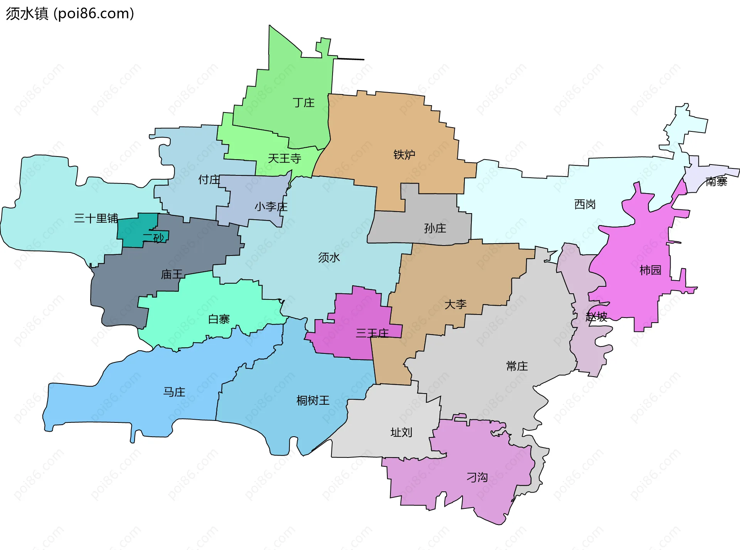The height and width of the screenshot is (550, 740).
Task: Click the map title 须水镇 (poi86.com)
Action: [x=70, y=13]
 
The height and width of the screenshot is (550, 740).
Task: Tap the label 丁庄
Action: [x=303, y=103]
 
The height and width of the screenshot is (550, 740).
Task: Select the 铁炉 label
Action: [x=404, y=155]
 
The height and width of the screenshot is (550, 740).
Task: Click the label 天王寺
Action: [x=284, y=158]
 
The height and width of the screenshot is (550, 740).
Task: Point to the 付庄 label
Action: [x=209, y=180]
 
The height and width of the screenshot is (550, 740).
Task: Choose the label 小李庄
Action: [x=271, y=207]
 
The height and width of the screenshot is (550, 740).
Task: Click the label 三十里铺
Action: [x=96, y=219]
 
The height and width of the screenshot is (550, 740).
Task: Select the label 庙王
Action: [x=172, y=274]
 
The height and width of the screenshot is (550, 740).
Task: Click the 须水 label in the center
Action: [x=329, y=257]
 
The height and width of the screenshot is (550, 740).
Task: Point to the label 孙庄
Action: [x=435, y=228]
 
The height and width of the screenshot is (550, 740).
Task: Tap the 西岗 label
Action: [x=585, y=204]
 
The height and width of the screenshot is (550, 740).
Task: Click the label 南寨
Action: [x=716, y=182]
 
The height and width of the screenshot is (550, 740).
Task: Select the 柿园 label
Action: [x=650, y=270]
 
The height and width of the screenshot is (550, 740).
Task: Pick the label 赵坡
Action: [x=596, y=317]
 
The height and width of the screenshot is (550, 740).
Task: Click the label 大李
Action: [x=455, y=304]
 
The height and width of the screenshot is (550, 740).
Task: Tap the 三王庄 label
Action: [x=372, y=333]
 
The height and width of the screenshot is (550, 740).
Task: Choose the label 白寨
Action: [x=219, y=319]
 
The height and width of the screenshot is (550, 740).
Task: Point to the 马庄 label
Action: [x=174, y=392]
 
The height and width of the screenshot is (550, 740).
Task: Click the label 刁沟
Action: [x=477, y=478]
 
